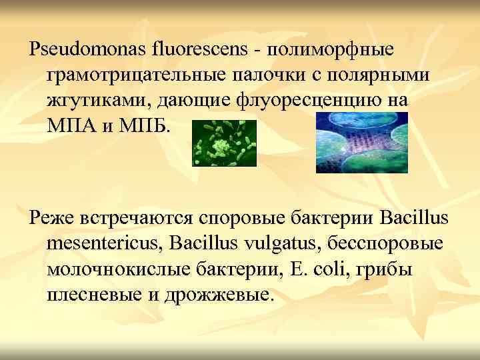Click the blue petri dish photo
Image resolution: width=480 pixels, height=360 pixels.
pos(361,143)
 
